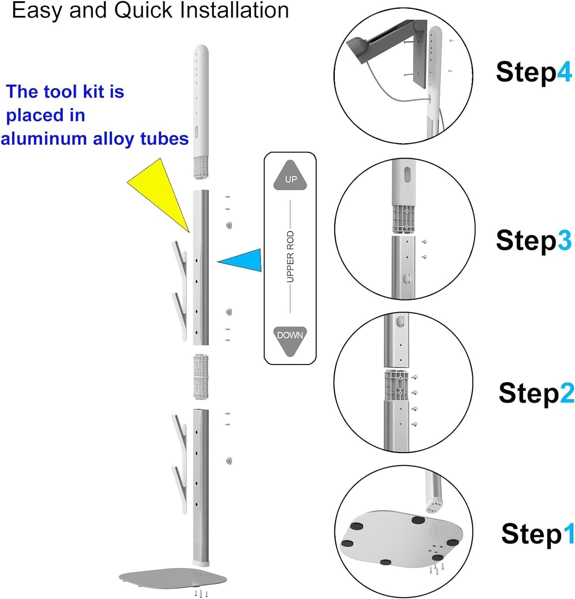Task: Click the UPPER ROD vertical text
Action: pyautogui.click(x=290, y=257)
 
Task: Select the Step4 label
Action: pyautogui.click(x=534, y=72)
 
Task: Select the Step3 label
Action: pyautogui.click(x=534, y=240)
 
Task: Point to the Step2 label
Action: pyautogui.click(x=536, y=393)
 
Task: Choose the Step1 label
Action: pyautogui.click(x=538, y=534)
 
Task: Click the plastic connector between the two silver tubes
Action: pyautogui.click(x=201, y=377)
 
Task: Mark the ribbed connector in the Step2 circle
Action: pyautogui.click(x=396, y=385)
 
